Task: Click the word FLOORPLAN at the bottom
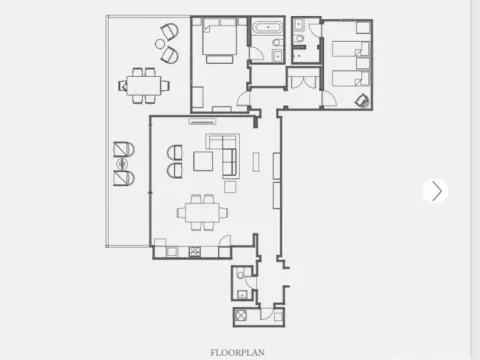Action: click(x=237, y=352)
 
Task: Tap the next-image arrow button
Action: click(x=435, y=191)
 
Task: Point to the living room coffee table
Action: click(x=204, y=161)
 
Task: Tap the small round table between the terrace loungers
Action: click(x=122, y=163)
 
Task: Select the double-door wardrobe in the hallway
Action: click(x=302, y=78)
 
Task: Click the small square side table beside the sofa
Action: click(x=230, y=186)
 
